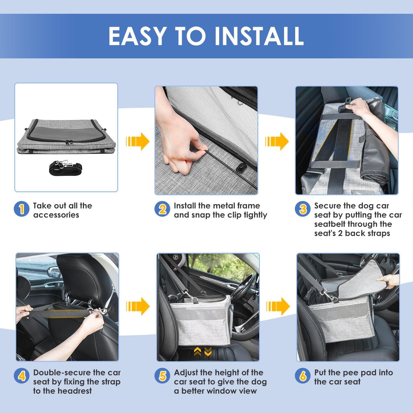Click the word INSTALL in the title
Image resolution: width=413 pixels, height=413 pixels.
(259, 36)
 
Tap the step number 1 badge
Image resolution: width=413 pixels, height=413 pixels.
(21, 209)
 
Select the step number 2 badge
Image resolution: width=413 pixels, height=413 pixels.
(162, 209)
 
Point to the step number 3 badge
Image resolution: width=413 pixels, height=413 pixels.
(303, 209)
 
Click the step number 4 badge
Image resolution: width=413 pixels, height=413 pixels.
(21, 376)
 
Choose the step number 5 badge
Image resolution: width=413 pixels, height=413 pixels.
(162, 376)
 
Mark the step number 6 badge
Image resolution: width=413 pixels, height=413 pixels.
(303, 376)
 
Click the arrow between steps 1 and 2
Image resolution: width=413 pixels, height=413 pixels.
(138, 141)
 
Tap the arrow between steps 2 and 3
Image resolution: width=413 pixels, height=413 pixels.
(277, 141)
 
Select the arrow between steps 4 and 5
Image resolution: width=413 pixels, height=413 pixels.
(138, 306)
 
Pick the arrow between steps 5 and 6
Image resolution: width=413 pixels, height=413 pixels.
(278, 306)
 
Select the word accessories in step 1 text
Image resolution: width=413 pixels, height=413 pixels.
(56, 215)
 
